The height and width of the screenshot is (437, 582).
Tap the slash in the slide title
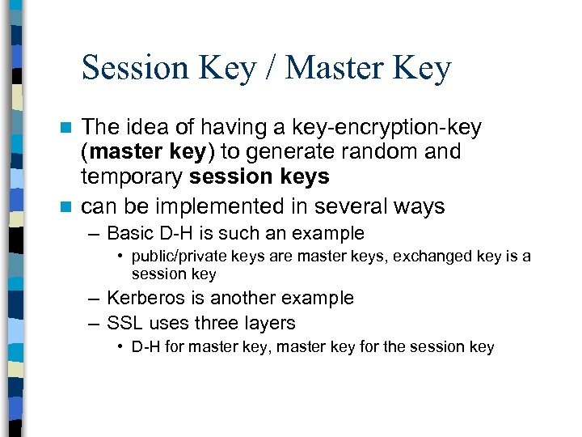[x=270, y=68]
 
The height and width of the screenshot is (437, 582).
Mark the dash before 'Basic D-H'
[x=95, y=234]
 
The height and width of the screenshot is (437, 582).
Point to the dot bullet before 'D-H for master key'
[x=120, y=347]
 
